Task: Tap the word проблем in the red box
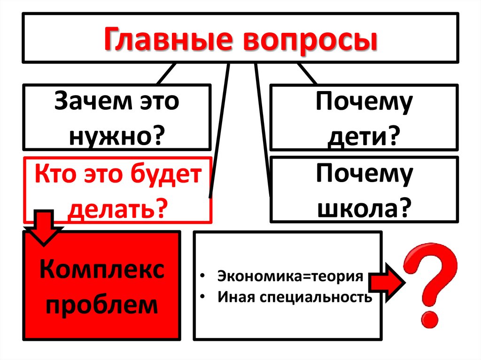(102, 305)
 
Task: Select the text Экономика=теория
(290, 276)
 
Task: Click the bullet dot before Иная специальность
(202, 298)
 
